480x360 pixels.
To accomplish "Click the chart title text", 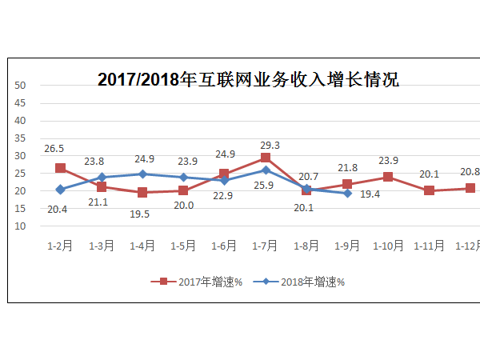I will [248, 79].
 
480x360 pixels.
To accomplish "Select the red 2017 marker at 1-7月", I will [265, 158].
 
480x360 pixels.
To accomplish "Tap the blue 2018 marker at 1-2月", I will [61, 190].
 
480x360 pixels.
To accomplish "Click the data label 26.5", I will [55, 149].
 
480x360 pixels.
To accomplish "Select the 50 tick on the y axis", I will [22, 86].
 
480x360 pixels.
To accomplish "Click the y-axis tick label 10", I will [22, 226].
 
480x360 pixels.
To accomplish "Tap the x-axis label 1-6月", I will [224, 246].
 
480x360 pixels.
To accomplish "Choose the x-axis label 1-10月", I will [388, 246].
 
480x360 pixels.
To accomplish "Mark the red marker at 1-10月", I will [388, 177].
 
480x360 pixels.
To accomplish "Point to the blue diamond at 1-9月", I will [347, 193].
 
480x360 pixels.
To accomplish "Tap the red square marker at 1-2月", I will [61, 168].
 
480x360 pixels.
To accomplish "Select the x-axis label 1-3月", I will [102, 246].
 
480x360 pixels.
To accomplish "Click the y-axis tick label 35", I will [22, 138].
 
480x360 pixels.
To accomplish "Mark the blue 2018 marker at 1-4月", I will [142, 174].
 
